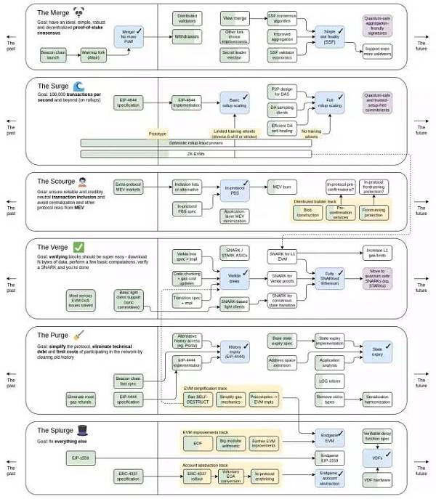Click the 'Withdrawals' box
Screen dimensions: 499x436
tap(187, 36)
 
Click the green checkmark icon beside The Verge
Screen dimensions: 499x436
tap(79, 247)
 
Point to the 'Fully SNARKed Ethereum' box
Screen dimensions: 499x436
tap(328, 276)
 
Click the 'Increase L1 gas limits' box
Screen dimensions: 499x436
tap(377, 253)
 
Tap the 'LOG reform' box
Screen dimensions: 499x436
tap(328, 381)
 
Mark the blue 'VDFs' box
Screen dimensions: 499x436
tap(377, 458)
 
